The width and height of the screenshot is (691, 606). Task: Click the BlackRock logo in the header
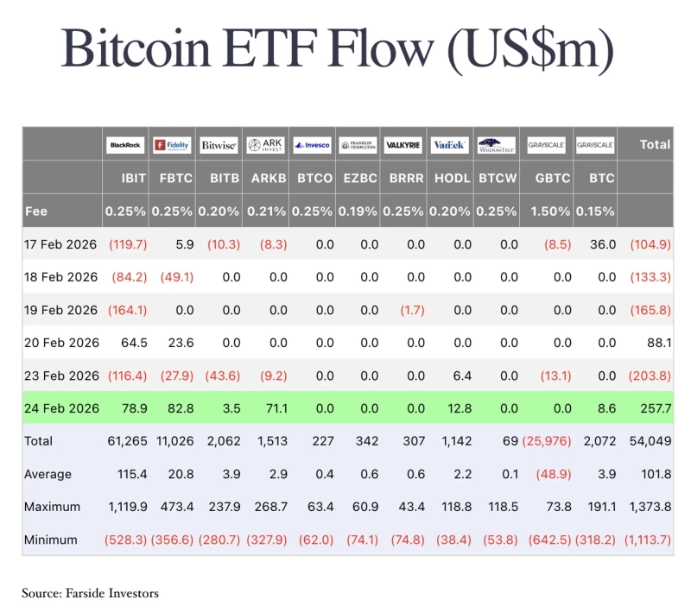pyautogui.click(x=126, y=146)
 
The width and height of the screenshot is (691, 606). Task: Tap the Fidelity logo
pyautogui.click(x=172, y=146)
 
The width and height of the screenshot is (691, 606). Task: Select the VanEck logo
pyautogui.click(x=449, y=146)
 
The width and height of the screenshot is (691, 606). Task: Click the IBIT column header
pyautogui.click(x=134, y=179)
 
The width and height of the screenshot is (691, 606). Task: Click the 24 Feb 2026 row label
pyautogui.click(x=61, y=408)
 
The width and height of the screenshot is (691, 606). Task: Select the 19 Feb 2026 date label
pyautogui.click(x=61, y=310)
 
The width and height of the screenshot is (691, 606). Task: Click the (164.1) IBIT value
pyautogui.click(x=128, y=310)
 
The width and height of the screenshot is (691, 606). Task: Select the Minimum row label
pyautogui.click(x=51, y=540)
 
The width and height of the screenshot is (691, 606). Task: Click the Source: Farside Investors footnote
pyautogui.click(x=91, y=593)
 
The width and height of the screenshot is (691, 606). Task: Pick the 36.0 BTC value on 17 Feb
pyautogui.click(x=602, y=244)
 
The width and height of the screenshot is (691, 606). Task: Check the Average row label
pyautogui.click(x=48, y=474)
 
